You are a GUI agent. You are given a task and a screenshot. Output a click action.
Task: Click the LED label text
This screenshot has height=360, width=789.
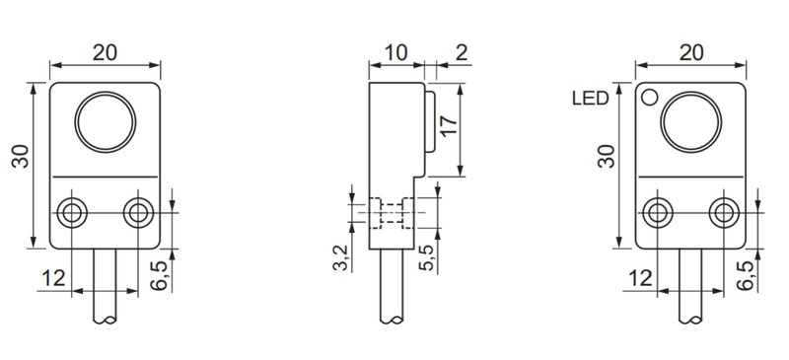(588, 99)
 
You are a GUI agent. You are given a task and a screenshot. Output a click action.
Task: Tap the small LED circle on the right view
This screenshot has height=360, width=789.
(650, 97)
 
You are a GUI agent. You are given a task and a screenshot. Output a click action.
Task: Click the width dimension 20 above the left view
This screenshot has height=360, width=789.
(105, 52)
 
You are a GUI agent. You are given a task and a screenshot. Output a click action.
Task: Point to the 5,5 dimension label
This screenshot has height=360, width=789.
(426, 258)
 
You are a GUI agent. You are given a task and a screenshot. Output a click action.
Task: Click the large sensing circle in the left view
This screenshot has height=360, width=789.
(105, 124)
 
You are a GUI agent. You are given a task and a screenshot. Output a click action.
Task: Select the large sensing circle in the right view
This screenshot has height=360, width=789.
(689, 124)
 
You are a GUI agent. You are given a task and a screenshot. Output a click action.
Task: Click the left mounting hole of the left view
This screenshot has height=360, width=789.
(71, 213)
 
